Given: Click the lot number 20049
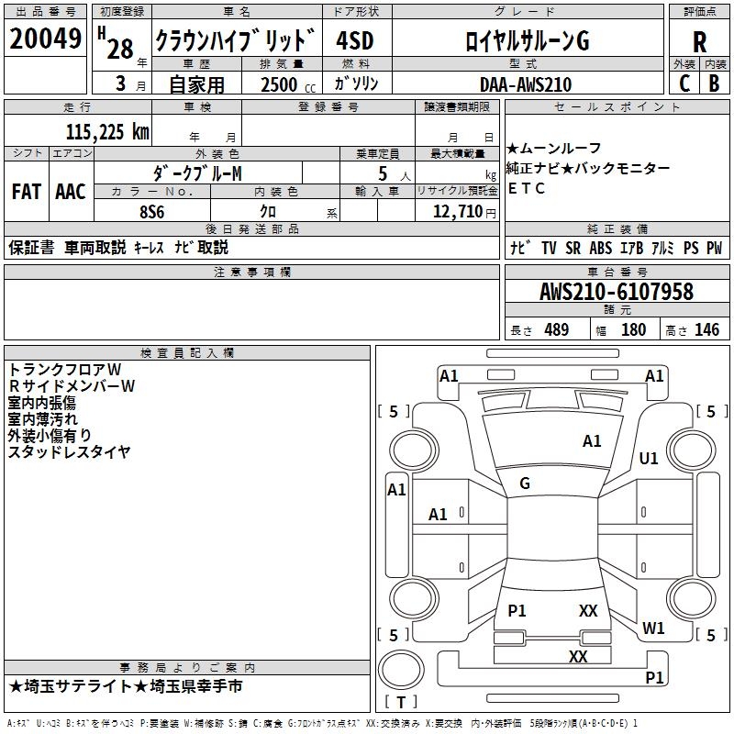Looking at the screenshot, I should (45, 39).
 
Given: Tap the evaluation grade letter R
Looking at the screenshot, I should (699, 41).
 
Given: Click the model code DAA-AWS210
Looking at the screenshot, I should (525, 84).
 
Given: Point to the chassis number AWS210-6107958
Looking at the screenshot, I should (616, 293).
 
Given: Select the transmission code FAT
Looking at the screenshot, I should (26, 191).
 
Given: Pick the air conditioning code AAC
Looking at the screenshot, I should (71, 191).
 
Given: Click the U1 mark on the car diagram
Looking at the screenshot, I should (649, 459).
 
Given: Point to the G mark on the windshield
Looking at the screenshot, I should (525, 483).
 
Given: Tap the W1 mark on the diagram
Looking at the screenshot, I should (653, 628).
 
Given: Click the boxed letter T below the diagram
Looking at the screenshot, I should (401, 703).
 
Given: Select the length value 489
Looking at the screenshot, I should (556, 330).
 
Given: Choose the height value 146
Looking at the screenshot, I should (706, 330).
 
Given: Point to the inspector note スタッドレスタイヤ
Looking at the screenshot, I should (69, 451).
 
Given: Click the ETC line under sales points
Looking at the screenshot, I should (527, 188).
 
